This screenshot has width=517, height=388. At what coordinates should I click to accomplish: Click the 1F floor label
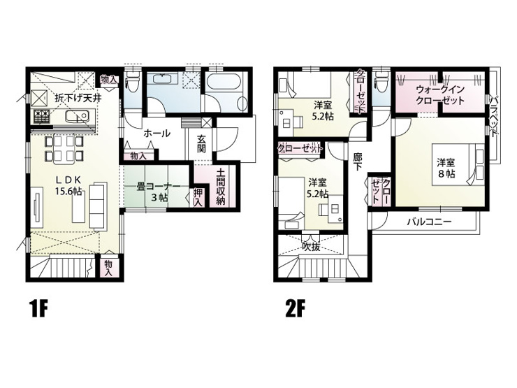(39, 309)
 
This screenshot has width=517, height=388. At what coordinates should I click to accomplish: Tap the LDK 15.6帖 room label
(68, 185)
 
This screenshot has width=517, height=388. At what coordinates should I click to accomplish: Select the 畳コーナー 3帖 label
(159, 192)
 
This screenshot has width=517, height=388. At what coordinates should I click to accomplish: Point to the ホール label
(157, 134)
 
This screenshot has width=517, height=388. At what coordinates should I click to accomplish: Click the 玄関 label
(201, 144)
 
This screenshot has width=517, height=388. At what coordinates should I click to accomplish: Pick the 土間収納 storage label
(221, 187)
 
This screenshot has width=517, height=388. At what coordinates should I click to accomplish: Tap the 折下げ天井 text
(78, 98)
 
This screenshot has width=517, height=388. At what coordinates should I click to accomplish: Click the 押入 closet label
(198, 197)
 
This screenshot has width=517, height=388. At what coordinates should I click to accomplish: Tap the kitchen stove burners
(41, 117)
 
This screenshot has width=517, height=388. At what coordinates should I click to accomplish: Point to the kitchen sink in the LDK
(77, 117)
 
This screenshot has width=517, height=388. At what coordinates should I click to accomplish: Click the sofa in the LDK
(99, 206)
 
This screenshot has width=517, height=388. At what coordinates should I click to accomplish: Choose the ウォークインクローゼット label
(440, 94)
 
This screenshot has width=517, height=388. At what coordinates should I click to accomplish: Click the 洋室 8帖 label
(446, 168)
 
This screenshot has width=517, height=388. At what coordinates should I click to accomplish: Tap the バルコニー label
(429, 222)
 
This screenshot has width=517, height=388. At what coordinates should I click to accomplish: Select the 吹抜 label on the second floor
(312, 247)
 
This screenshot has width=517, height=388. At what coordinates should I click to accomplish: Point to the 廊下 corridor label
(357, 161)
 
